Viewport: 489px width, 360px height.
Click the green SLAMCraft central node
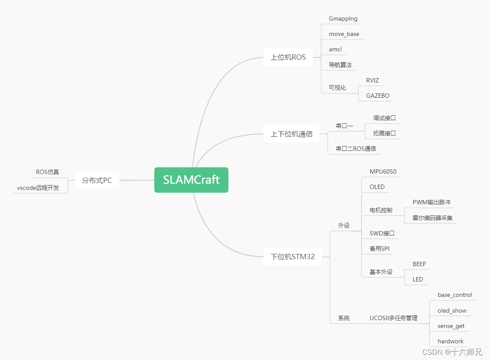[x=191, y=180]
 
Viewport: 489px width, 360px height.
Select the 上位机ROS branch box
[x=288, y=57]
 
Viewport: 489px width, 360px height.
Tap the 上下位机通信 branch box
[x=291, y=134]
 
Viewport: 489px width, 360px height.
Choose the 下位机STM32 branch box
[x=293, y=257]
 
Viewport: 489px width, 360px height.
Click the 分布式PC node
[x=97, y=180]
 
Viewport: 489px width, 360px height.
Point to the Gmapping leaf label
[x=343, y=19]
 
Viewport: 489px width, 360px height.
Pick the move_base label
[x=344, y=34]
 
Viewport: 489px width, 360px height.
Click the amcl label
[x=335, y=50]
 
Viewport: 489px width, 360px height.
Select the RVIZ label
[x=372, y=80]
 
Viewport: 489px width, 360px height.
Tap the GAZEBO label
[x=378, y=96]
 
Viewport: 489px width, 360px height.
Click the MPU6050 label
[x=383, y=171]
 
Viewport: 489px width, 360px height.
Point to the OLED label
[x=377, y=187]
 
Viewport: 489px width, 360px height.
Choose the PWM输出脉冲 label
[x=432, y=202]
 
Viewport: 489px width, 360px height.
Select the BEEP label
[x=419, y=264]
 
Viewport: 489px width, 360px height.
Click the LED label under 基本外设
[x=418, y=279]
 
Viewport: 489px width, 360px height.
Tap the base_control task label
[x=455, y=295]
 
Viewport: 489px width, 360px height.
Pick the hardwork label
[x=450, y=341]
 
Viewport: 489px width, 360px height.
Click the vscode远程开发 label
[x=38, y=188]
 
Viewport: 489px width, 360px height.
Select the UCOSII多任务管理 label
[x=393, y=318]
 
